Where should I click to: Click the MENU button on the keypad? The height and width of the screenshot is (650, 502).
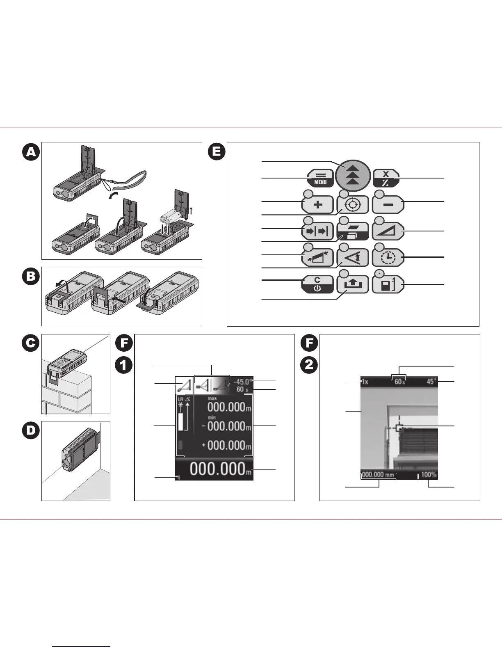[320, 179]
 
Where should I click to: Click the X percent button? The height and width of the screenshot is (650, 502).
[386, 179]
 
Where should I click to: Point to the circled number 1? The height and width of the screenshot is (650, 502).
[123, 365]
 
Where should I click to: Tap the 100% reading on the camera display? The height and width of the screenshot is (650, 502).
[429, 475]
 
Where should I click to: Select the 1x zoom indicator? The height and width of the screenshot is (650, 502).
[365, 382]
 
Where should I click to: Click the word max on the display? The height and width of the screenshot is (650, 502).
[212, 398]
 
